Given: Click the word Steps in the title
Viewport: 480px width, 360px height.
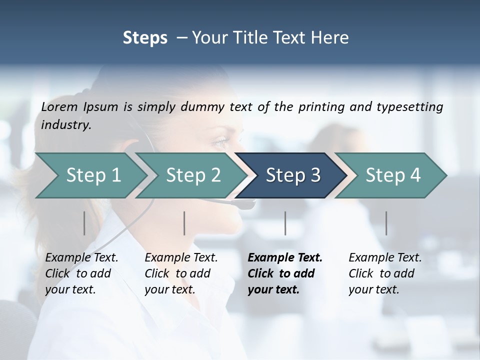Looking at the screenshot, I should tap(145, 38).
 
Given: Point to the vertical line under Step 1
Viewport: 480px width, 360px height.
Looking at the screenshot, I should tap(84, 223).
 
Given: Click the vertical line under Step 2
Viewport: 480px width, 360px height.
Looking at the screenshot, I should tap(184, 223).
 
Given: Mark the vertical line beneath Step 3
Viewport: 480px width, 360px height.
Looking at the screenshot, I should tap(285, 223).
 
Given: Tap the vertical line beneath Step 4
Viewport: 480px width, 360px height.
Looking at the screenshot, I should tap(386, 223).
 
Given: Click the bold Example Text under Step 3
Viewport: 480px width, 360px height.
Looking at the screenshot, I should tap(285, 273).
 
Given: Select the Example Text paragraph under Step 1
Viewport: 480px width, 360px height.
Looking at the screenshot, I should tap(81, 273).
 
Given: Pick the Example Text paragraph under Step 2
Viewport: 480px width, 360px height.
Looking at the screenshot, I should tap(181, 273).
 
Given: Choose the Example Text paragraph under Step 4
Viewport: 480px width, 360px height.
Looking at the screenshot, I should tap(385, 273).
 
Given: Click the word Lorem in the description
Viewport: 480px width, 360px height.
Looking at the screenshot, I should tap(59, 107).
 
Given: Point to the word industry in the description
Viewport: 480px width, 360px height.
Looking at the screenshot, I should tap(66, 125).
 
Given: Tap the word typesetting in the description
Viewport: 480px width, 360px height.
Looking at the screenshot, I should tap(413, 107).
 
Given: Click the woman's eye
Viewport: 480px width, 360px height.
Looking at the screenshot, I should tap(220, 144).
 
